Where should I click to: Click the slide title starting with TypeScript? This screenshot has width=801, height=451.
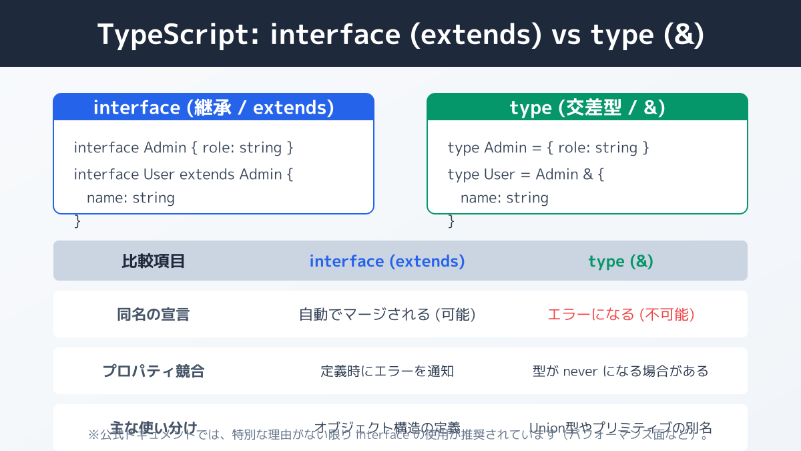tap(400, 35)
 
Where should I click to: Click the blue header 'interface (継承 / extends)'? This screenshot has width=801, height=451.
tap(214, 108)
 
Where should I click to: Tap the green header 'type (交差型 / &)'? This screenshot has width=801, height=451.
tap(587, 108)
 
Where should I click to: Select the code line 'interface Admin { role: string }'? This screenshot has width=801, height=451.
tap(184, 148)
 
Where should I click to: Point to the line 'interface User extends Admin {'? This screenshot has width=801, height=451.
tap(184, 174)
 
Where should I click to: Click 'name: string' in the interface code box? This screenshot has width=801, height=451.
tap(131, 198)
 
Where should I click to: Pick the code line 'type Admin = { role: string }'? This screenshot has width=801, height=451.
tap(548, 148)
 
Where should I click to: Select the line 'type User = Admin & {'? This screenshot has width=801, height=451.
tap(526, 174)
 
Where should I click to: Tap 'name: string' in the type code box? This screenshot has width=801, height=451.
tap(505, 198)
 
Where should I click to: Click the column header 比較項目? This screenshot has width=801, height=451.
tap(154, 261)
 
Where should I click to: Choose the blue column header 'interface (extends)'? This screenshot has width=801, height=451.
tap(387, 261)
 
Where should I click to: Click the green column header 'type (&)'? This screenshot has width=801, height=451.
tap(621, 261)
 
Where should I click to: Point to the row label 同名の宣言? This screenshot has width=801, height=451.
tap(154, 315)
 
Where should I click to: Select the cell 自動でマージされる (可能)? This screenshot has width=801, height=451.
tap(387, 315)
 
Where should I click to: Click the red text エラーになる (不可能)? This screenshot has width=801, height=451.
tap(621, 315)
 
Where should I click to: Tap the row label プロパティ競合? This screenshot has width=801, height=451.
tap(154, 371)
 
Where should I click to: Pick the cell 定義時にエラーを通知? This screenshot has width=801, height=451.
tap(387, 371)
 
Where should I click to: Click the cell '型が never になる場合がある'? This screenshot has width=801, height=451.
tap(621, 371)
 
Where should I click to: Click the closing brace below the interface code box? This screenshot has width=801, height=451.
tap(77, 221)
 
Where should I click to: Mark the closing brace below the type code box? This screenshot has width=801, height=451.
tap(451, 221)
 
